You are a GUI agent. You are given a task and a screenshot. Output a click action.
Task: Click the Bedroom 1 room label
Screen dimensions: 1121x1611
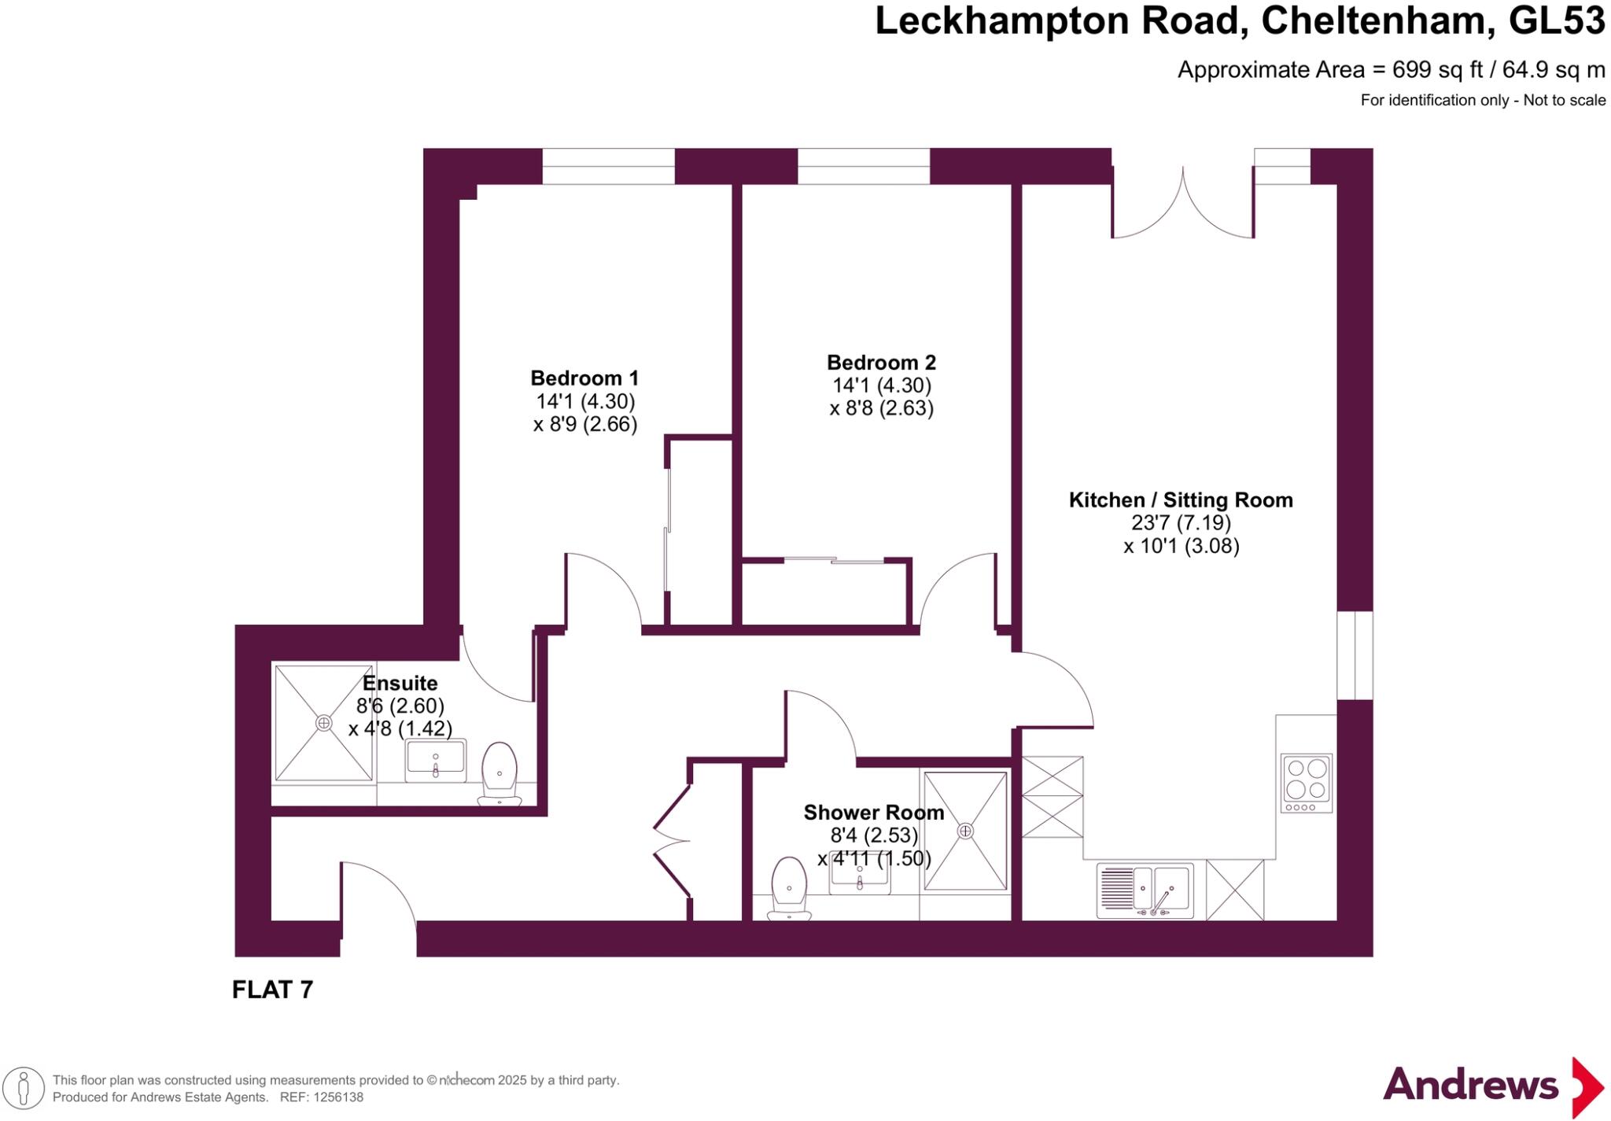[584, 378]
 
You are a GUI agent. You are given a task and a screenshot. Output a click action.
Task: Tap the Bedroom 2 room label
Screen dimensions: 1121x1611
[881, 363]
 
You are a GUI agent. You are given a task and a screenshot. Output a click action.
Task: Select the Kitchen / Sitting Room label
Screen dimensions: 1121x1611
[1180, 500]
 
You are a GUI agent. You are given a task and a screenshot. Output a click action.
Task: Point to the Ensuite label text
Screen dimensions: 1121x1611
[400, 683]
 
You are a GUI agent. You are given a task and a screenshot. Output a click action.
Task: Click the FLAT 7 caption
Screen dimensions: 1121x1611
[272, 990]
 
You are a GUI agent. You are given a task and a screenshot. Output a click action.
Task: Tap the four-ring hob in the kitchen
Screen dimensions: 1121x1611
[1307, 783]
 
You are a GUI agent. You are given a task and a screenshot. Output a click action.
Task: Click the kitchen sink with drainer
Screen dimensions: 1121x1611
[1145, 891]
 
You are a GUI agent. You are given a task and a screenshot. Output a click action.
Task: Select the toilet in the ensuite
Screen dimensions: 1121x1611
[499, 773]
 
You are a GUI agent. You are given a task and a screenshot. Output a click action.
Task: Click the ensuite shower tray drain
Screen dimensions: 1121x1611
[323, 722]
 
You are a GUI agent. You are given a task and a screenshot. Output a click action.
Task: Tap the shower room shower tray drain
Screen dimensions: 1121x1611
[965, 831]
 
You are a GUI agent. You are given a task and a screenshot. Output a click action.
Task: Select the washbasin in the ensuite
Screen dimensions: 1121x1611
[436, 761]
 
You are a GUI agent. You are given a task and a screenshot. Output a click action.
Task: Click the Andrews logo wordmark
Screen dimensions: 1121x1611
[1470, 1086]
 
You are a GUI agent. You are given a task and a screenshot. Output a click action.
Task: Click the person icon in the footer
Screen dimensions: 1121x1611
[24, 1089]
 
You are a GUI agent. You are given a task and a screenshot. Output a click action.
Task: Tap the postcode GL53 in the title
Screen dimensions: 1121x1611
[1557, 21]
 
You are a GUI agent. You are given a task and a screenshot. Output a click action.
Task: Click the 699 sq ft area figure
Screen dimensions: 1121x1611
[1437, 70]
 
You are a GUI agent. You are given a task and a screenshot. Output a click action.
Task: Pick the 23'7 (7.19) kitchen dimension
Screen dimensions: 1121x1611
[1181, 522]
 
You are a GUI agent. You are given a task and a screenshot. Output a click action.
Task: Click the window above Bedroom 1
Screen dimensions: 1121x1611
[608, 166]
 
